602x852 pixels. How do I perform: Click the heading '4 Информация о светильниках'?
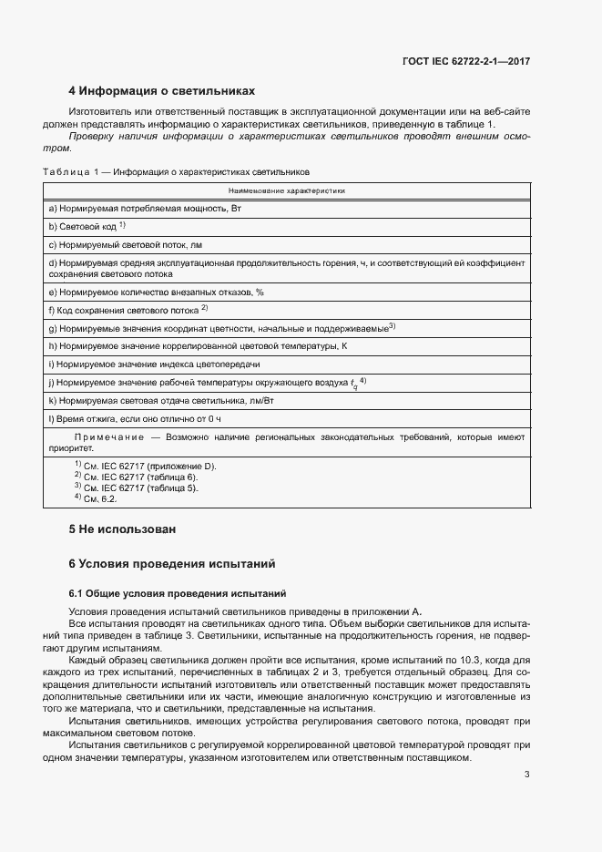coord(162,91)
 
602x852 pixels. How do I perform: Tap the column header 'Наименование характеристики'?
coord(285,191)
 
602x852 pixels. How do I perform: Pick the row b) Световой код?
coord(87,226)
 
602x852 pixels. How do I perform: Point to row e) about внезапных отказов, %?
coord(156,293)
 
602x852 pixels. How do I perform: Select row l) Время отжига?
coord(135,418)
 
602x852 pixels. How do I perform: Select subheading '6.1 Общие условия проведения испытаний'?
coord(178,592)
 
